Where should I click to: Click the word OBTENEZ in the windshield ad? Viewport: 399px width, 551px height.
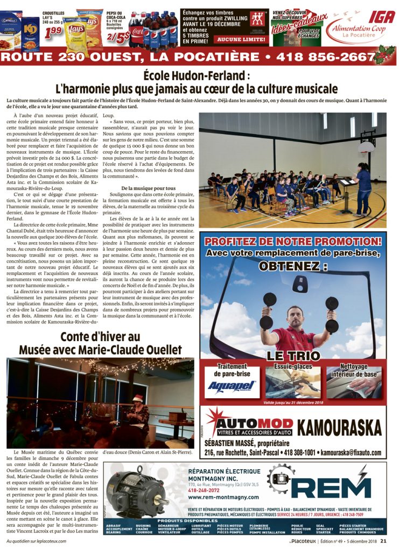coord(292,266)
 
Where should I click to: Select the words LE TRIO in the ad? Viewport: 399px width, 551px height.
coord(292,356)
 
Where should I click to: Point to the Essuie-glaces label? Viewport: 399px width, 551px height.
coord(292,367)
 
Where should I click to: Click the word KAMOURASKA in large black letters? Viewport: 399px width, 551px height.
coord(339,428)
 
